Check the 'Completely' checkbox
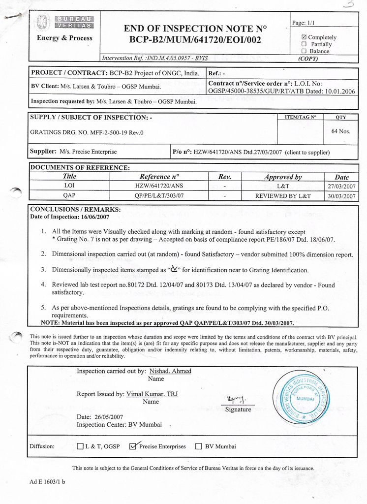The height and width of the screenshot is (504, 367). [304, 37]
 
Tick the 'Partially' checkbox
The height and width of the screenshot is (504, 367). [304, 44]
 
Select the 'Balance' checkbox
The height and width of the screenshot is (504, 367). [304, 51]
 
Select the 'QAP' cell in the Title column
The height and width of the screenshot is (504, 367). [69, 195]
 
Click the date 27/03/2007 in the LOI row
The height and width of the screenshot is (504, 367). [341, 187]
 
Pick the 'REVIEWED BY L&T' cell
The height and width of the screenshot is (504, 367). [283, 196]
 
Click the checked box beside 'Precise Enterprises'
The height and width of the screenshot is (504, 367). [132, 446]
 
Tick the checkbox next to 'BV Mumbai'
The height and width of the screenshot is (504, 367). [199, 446]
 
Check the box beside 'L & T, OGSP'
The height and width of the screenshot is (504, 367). [80, 446]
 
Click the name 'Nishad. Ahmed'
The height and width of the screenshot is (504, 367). [170, 371]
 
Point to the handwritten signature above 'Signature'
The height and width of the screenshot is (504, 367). [237, 399]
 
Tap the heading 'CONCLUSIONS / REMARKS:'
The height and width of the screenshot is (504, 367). [75, 209]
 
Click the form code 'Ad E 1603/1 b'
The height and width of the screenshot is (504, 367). [47, 482]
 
